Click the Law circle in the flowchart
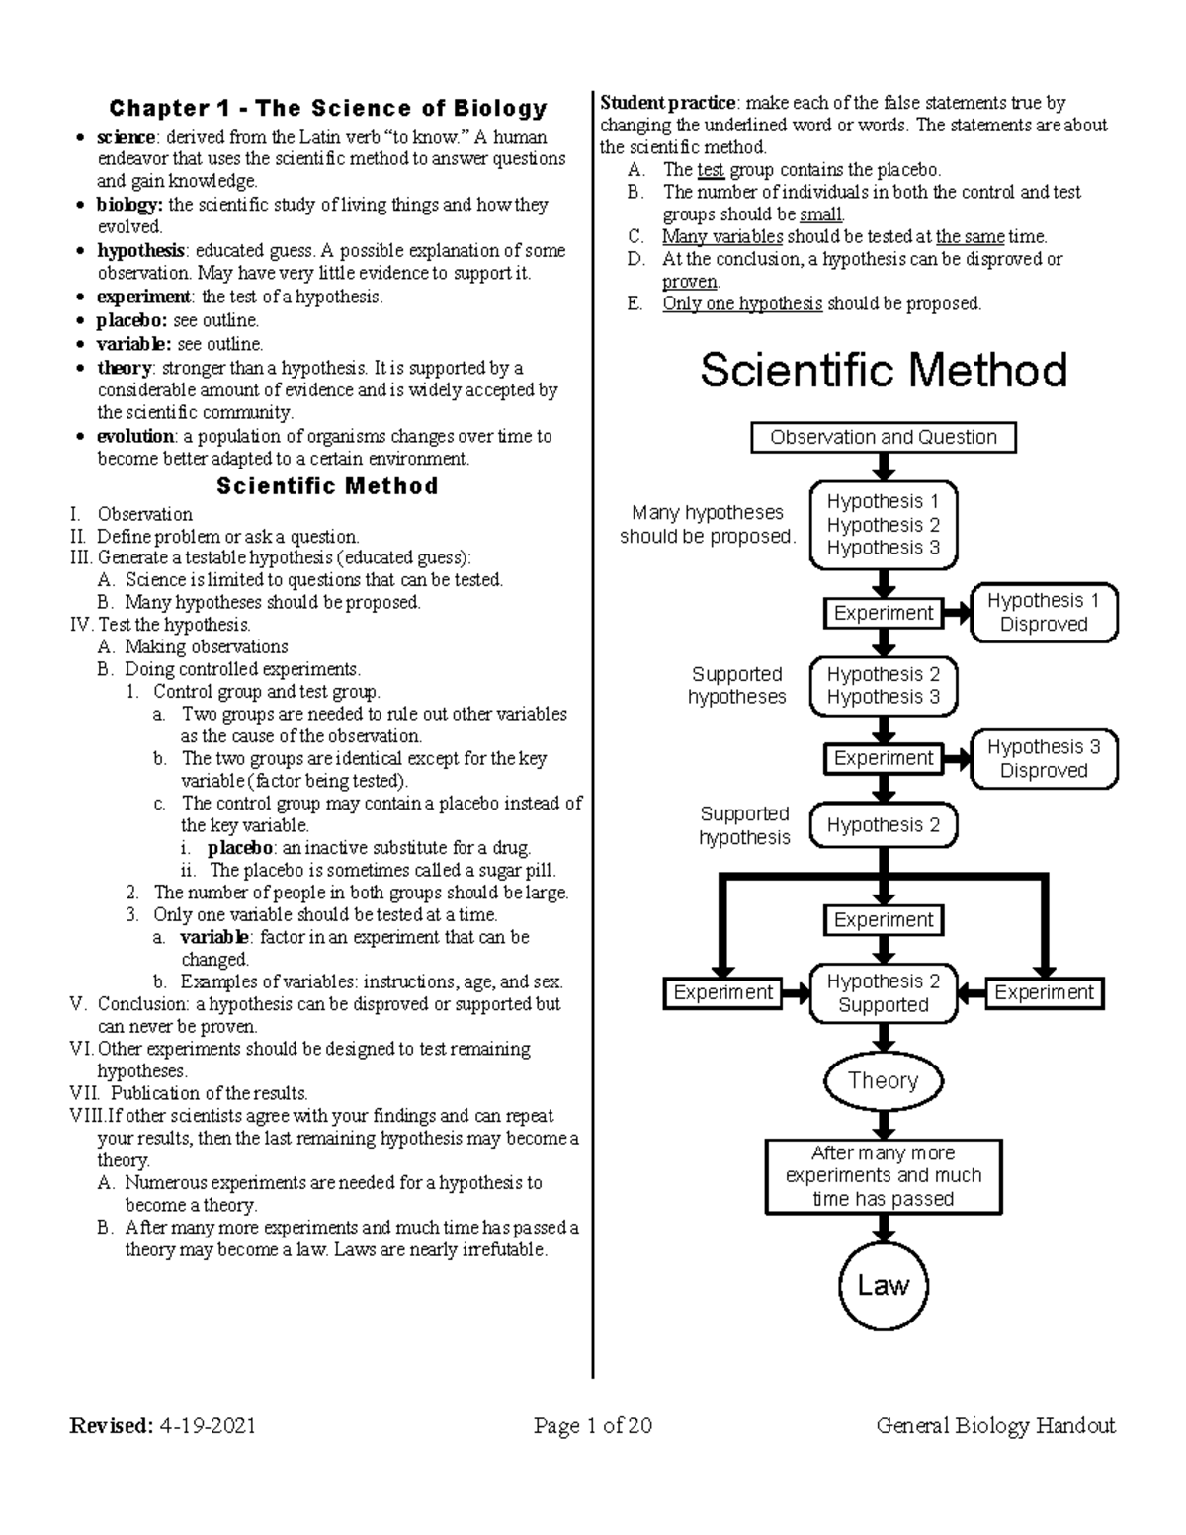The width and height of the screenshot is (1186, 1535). [x=883, y=1286]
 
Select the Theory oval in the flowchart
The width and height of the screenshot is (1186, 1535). [x=883, y=1081]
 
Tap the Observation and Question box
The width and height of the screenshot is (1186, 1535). [x=883, y=437]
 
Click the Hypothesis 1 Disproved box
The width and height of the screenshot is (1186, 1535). [x=1044, y=613]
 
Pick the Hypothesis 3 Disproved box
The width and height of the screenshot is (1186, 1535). [x=1044, y=759]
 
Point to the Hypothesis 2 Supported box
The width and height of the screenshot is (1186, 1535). [x=883, y=993]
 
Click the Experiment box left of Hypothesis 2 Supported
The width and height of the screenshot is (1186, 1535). [x=722, y=993]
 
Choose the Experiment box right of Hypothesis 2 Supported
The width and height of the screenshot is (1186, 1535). [x=1044, y=993]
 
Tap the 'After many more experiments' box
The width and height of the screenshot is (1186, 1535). [x=883, y=1176]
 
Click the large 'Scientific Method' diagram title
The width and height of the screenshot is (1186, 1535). [x=884, y=372]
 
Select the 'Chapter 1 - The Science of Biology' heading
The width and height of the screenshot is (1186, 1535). [x=327, y=108]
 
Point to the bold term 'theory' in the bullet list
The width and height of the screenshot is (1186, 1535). [x=124, y=368]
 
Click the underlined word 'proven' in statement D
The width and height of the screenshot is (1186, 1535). [x=689, y=282]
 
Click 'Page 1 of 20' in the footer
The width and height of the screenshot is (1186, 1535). [x=593, y=1425]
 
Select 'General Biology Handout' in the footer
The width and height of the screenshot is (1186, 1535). [x=995, y=1425]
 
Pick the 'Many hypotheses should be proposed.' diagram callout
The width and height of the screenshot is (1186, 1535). [x=707, y=525]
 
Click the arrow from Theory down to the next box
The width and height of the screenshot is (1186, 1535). [x=883, y=1123]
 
